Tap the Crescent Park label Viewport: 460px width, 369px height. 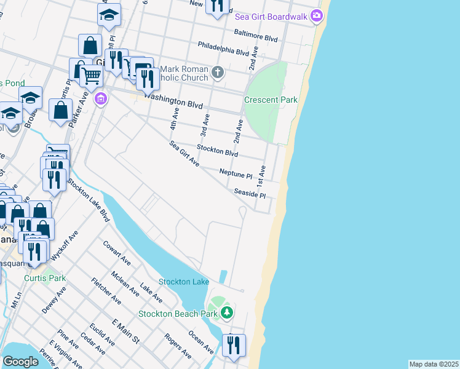point(271,100)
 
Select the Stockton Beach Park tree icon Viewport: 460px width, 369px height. point(227,313)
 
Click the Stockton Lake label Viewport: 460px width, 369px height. point(184,282)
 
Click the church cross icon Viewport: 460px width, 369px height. point(217,73)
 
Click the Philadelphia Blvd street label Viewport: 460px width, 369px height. point(223,49)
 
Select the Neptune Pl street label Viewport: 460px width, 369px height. point(236,174)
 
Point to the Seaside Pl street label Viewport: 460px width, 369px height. point(250,194)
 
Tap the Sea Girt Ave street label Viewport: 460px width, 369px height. point(184,154)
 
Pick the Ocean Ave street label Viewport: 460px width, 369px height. point(201,342)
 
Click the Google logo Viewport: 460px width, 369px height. point(20,362)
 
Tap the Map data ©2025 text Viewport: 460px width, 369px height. point(434,364)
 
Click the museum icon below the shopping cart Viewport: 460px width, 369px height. point(101,98)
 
